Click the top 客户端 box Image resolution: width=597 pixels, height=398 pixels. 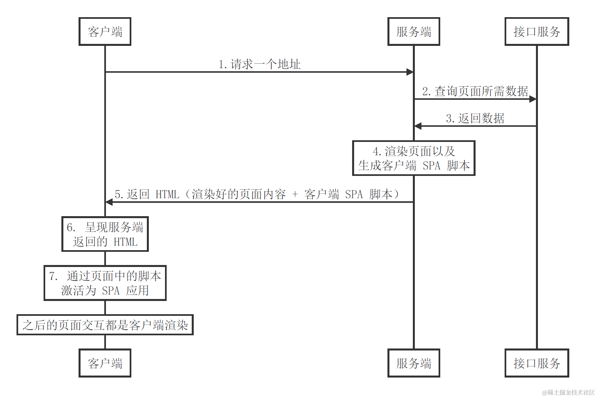pyautogui.click(x=105, y=32)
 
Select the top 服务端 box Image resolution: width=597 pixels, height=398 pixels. pyautogui.click(x=414, y=32)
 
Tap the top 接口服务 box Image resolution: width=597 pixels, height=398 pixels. pyautogui.click(x=537, y=32)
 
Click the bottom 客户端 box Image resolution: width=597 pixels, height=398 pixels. pyautogui.click(x=105, y=363)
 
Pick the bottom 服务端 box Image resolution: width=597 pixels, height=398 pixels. pyautogui.click(x=414, y=363)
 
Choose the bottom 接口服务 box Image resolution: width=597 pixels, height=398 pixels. pyautogui.click(x=537, y=363)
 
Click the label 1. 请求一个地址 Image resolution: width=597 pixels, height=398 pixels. pyautogui.click(x=259, y=64)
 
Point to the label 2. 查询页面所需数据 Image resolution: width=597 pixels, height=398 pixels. pyautogui.click(x=475, y=91)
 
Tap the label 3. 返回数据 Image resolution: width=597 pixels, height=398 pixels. pyautogui.click(x=475, y=118)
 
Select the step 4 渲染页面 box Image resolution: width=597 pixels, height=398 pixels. pyautogui.click(x=414, y=158)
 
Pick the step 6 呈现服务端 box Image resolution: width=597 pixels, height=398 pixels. pyautogui.click(x=105, y=234)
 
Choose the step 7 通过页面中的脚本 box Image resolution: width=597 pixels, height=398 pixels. pyautogui.click(x=105, y=283)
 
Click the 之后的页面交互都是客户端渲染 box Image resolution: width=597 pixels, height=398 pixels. pyautogui.click(x=105, y=325)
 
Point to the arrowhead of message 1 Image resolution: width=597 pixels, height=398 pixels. pyautogui.click(x=410, y=72)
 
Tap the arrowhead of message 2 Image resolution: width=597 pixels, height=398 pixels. pyautogui.click(x=533, y=99)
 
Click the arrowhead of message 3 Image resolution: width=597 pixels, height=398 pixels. pyautogui.click(x=418, y=126)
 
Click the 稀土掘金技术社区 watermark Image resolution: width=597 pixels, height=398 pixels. pyautogui.click(x=568, y=392)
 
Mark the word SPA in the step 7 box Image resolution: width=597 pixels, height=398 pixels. pyautogui.click(x=111, y=291)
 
